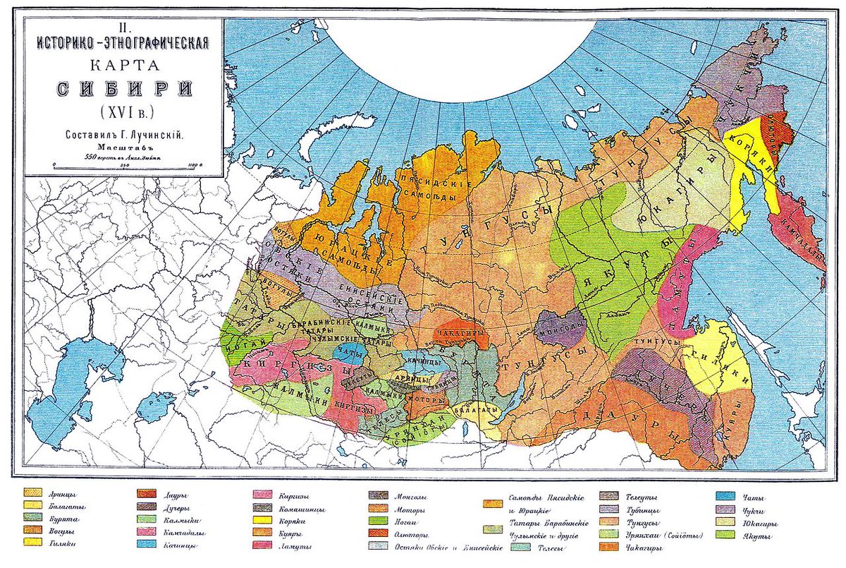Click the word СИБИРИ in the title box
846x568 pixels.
(123, 91)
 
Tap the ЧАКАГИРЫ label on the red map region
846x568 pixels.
(462, 332)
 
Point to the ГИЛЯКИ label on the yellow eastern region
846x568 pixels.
(719, 356)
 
